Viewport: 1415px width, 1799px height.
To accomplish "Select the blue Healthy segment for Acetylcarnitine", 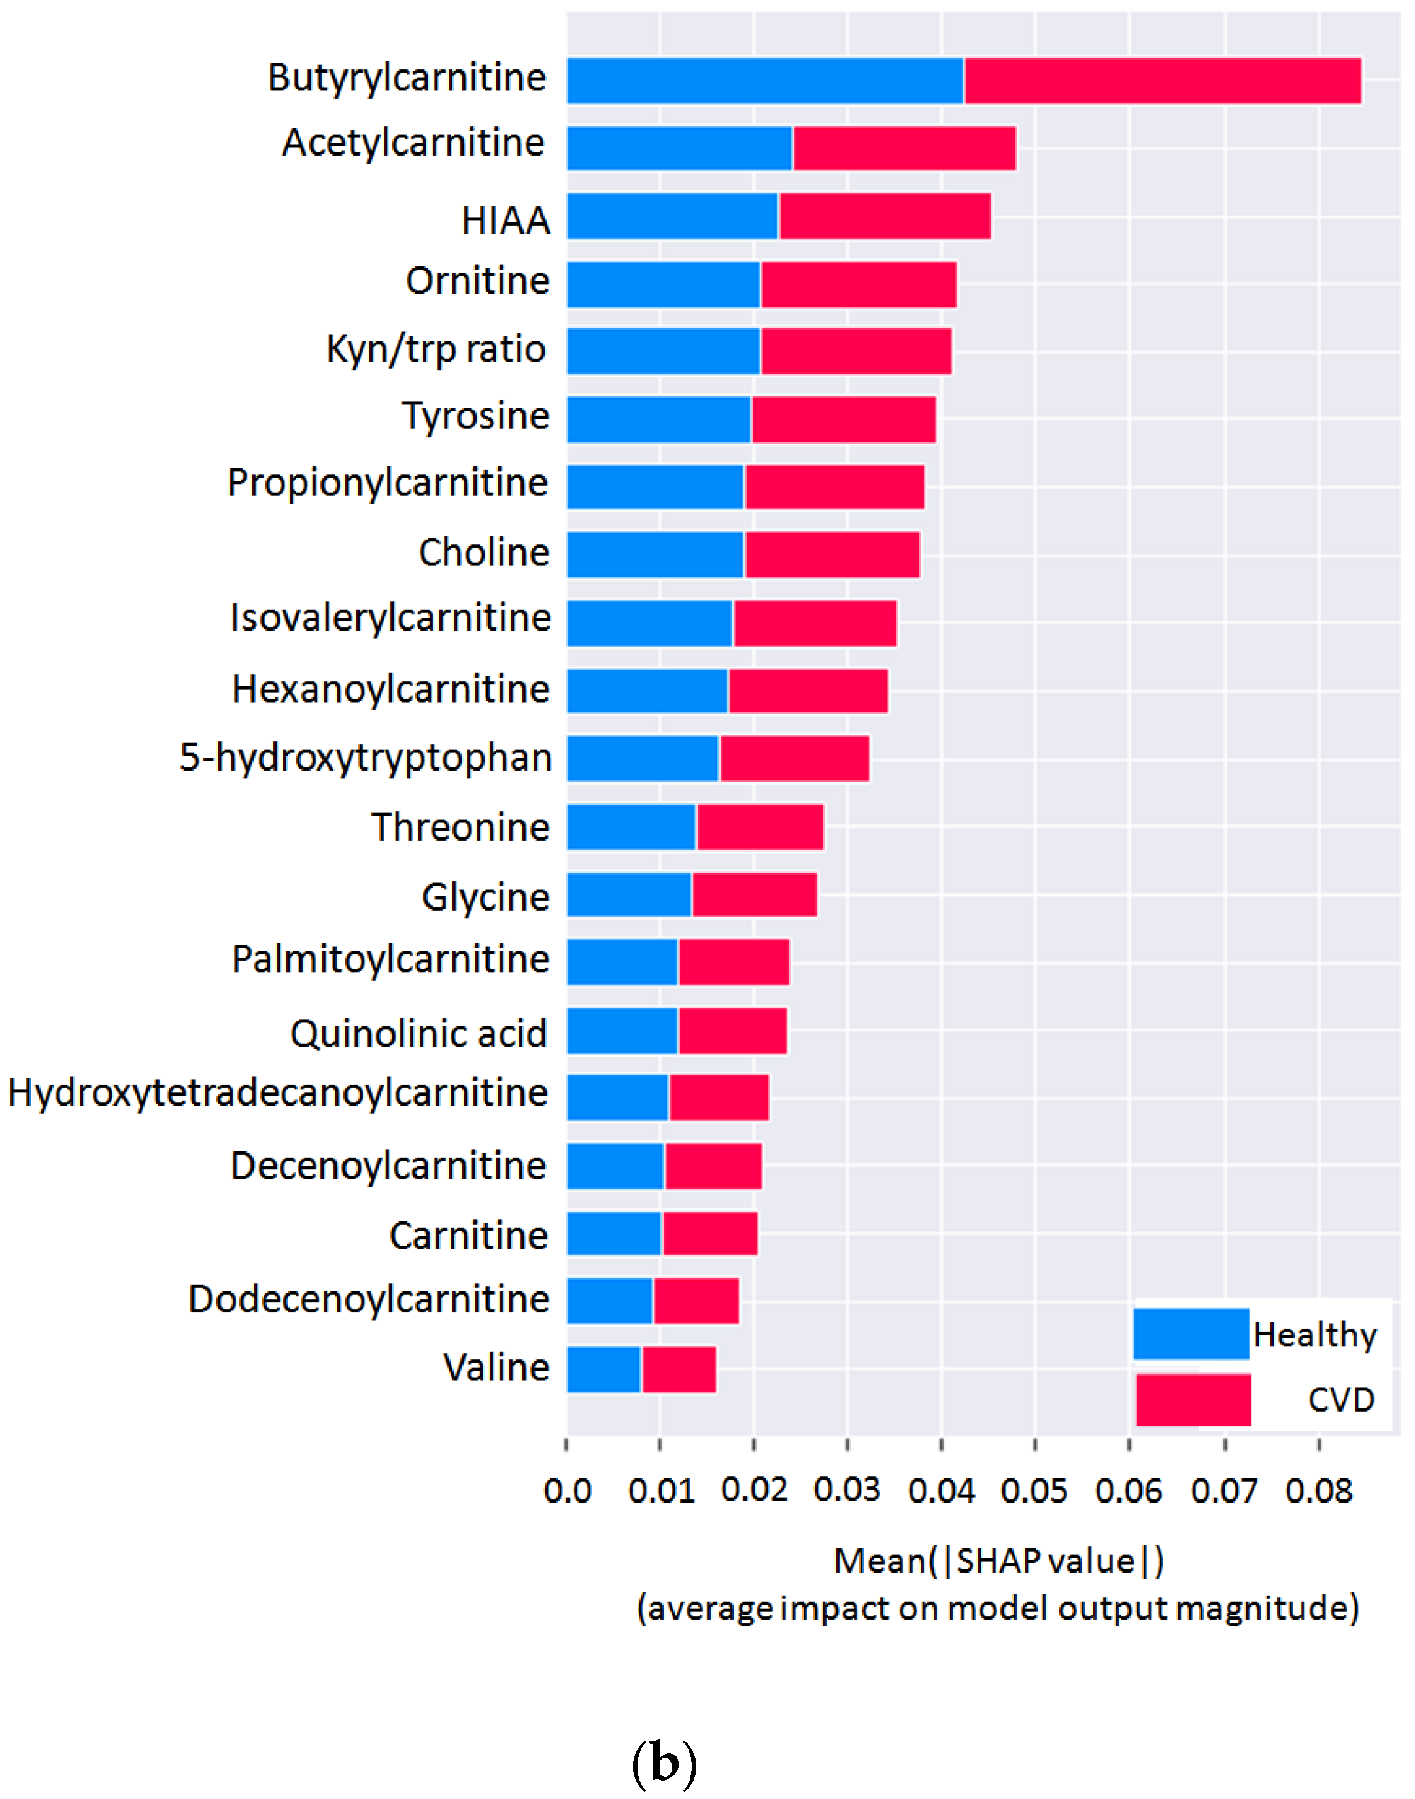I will pyautogui.click(x=679, y=148).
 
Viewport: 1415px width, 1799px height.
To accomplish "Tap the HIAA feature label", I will pyautogui.click(x=505, y=220).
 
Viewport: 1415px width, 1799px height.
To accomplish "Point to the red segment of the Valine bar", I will pyautogui.click(x=679, y=1369).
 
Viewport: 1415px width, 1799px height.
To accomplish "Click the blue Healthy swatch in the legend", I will pyautogui.click(x=1191, y=1333).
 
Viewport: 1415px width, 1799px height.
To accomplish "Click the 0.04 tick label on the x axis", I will pyautogui.click(x=941, y=1491).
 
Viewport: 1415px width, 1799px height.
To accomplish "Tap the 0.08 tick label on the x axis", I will pyautogui.click(x=1318, y=1491).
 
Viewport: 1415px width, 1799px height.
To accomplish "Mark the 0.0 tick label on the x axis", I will pyautogui.click(x=568, y=1491).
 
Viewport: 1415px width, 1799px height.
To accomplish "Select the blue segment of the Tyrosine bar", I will pyautogui.click(x=658, y=419).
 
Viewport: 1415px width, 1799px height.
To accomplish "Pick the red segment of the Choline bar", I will pyautogui.click(x=832, y=554).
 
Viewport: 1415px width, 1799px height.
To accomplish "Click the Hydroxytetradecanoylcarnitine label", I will pyautogui.click(x=277, y=1093).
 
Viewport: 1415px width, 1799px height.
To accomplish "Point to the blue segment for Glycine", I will pyautogui.click(x=629, y=895).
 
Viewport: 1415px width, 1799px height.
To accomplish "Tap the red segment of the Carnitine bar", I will pyautogui.click(x=709, y=1233).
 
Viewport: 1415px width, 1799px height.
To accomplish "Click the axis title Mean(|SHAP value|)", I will pyautogui.click(x=998, y=1561).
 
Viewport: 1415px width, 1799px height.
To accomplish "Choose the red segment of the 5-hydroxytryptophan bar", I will pyautogui.click(x=794, y=758).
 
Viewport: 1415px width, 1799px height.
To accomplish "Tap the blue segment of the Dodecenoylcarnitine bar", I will pyautogui.click(x=609, y=1301).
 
